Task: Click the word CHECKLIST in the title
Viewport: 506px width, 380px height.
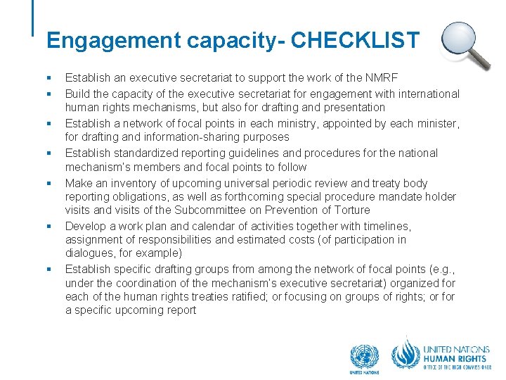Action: pyautogui.click(x=355, y=40)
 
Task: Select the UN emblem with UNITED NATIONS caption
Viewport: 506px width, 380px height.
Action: pyautogui.click(x=364, y=357)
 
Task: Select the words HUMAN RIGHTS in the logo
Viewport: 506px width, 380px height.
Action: pyautogui.click(x=455, y=357)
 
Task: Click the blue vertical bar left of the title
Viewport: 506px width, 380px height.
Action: pyautogui.click(x=33, y=18)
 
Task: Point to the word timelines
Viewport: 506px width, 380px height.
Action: pyautogui.click(x=384, y=226)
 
